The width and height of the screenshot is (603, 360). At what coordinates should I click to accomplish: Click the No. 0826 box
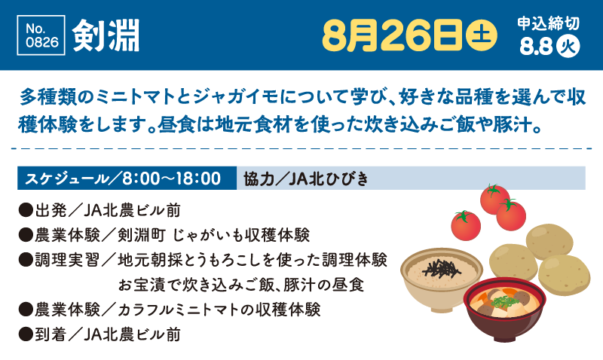tap(41, 35)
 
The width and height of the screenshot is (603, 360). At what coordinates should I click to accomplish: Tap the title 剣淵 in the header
tap(106, 35)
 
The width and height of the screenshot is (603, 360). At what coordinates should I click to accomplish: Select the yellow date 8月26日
tap(392, 35)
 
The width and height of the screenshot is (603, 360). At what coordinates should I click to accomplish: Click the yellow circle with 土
tap(481, 35)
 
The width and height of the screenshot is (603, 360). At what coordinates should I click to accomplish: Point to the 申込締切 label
tap(548, 23)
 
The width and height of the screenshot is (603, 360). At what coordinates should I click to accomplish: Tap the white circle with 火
tap(568, 47)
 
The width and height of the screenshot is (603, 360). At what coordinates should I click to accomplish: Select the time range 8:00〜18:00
tap(171, 178)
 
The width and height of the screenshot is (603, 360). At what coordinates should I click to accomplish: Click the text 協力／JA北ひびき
tap(306, 178)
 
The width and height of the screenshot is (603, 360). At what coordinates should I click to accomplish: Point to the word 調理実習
tap(67, 260)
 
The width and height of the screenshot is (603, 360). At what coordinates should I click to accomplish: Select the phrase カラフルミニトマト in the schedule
tap(181, 310)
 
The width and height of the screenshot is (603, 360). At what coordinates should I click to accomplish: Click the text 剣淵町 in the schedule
tap(142, 235)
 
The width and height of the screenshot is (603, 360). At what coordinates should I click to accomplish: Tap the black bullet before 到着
tap(26, 334)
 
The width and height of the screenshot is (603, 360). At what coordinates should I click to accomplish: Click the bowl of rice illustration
tap(441, 277)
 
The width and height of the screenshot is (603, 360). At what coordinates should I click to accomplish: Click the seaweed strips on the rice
tap(442, 268)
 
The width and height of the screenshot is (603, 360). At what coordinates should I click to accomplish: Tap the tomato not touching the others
tap(466, 225)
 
